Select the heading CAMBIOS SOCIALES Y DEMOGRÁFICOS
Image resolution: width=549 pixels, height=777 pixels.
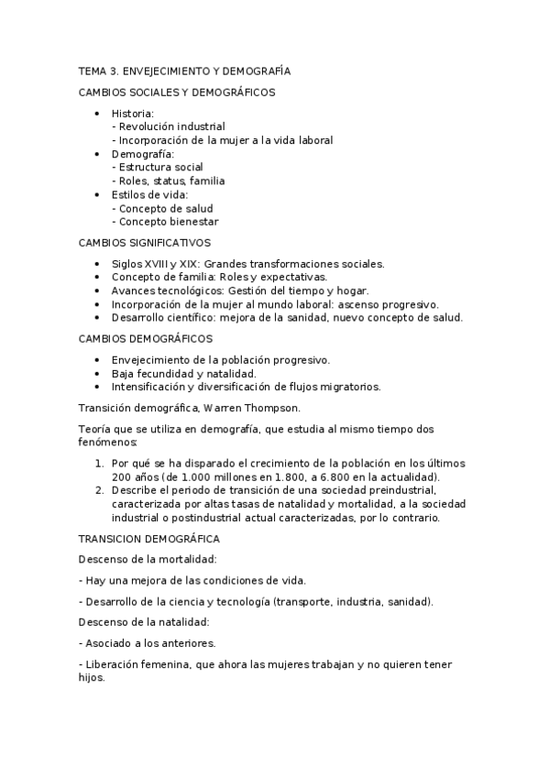point(177,92)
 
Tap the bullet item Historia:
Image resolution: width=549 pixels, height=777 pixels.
point(133,113)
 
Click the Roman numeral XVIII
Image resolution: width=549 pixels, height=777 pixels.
point(161,264)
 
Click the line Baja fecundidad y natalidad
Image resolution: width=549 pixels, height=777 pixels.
point(183,373)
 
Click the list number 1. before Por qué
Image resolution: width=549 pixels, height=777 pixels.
point(99,464)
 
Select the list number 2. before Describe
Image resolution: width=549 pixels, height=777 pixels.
point(99,490)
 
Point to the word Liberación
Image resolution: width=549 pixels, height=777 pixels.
point(117,663)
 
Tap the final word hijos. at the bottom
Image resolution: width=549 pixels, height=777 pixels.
point(93,679)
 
